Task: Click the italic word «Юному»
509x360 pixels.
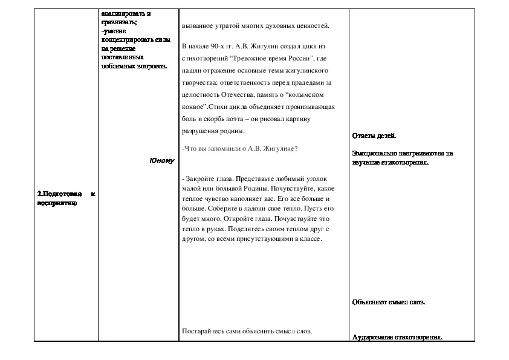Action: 161,160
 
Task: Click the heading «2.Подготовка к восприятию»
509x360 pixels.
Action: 66,198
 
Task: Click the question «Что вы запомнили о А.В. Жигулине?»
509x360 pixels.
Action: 240,149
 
